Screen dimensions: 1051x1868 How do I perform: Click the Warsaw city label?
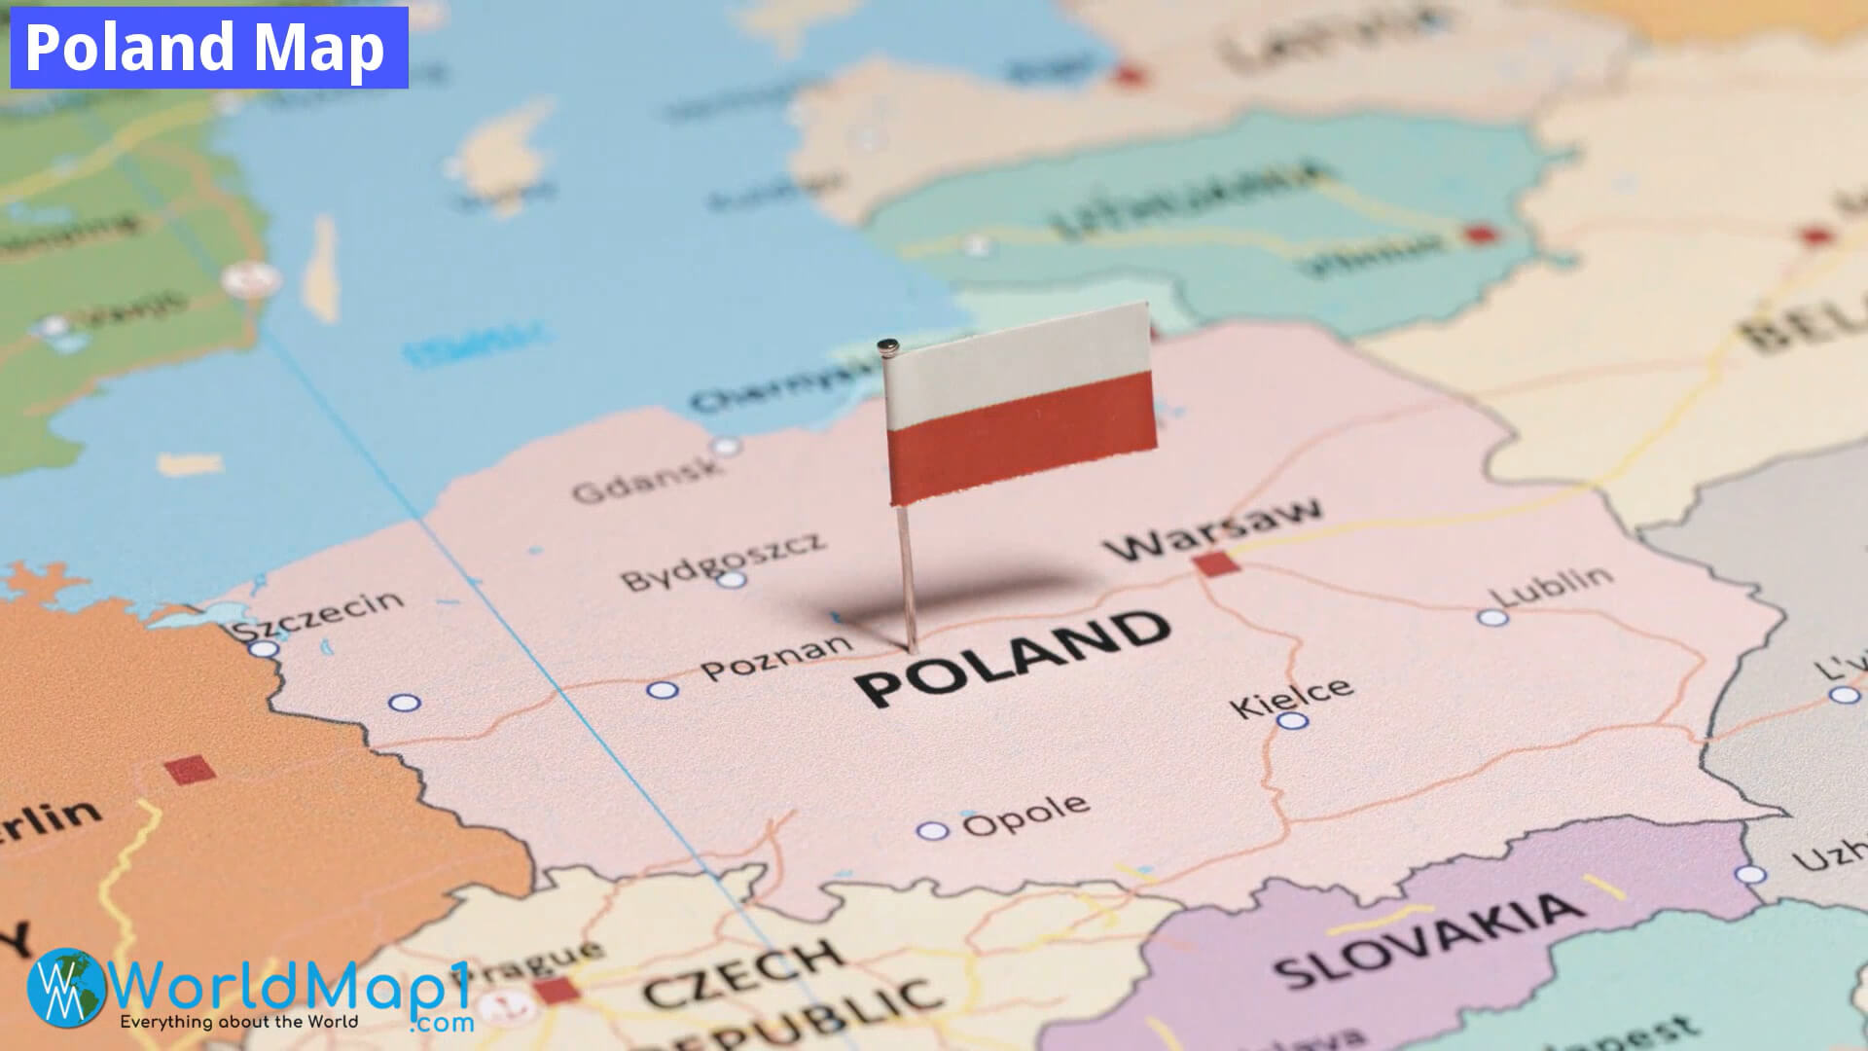(x=1214, y=530)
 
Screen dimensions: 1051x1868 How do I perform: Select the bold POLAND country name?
(x=1012, y=657)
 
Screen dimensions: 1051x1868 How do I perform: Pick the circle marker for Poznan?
(x=663, y=690)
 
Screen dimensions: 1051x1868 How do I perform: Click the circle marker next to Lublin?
(x=1491, y=617)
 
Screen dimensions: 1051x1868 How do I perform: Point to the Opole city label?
(x=1025, y=815)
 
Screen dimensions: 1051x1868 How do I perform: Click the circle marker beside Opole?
(x=931, y=830)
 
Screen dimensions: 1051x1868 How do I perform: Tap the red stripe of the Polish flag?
(x=1022, y=438)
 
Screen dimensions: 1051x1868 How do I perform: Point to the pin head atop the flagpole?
(x=886, y=345)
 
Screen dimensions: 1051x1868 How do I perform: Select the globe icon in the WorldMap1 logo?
(x=67, y=988)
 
